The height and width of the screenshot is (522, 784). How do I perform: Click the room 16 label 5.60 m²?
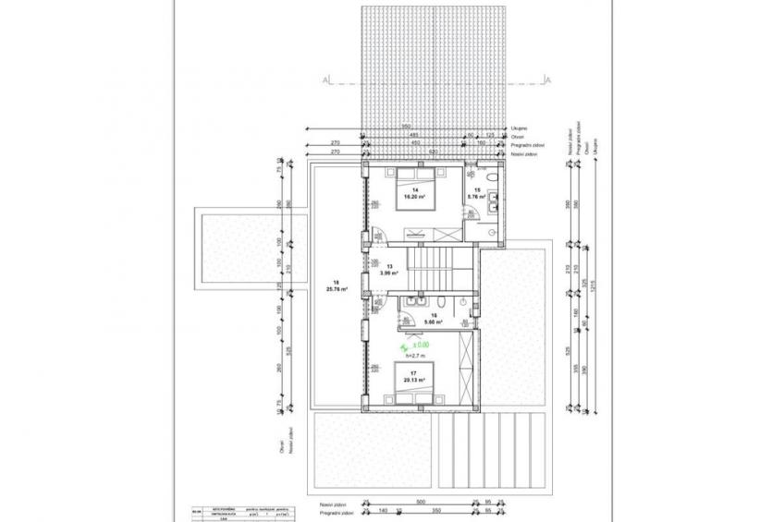point(433,320)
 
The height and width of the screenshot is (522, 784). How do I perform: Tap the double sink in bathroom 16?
point(413,302)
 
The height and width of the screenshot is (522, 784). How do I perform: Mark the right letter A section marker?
point(547,81)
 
